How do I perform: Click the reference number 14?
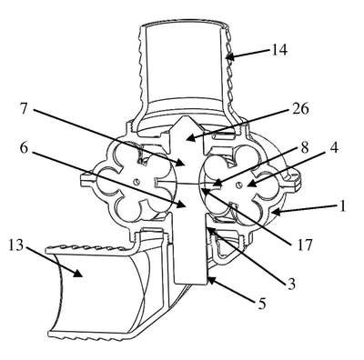pyautogui.click(x=278, y=50)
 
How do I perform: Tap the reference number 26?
pyautogui.click(x=300, y=109)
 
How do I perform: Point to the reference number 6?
pyautogui.click(x=25, y=147)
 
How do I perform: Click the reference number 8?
pyautogui.click(x=304, y=148)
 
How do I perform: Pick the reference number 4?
pyautogui.click(x=333, y=148)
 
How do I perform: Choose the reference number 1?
pyautogui.click(x=342, y=206)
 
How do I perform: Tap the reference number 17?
pyautogui.click(x=303, y=245)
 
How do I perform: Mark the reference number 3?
pyautogui.click(x=291, y=284)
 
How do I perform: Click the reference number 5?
pyautogui.click(x=261, y=304)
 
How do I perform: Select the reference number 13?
pyautogui.click(x=16, y=245)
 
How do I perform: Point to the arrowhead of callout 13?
pyautogui.click(x=77, y=273)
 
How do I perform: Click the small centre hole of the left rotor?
pyautogui.click(x=136, y=182)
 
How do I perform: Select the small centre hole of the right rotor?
pyautogui.click(x=239, y=185)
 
